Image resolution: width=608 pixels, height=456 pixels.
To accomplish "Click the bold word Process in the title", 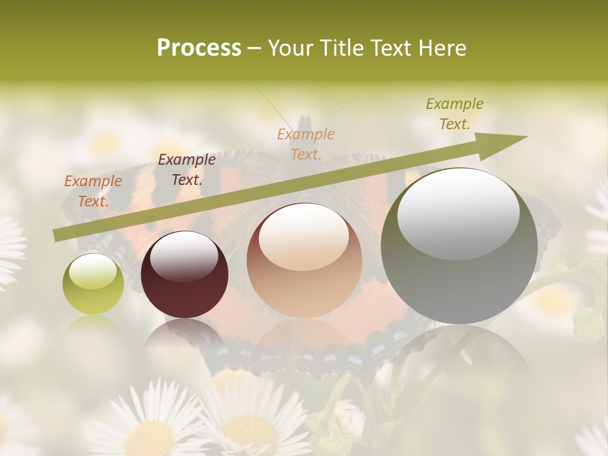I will [199, 47].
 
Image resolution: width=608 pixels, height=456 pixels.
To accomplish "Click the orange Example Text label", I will [93, 191].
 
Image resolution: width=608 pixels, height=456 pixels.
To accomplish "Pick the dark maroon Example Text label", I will [186, 170].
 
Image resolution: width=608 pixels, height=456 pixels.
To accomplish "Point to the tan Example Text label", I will [306, 144].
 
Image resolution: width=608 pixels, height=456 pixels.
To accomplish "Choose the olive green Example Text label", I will [455, 114].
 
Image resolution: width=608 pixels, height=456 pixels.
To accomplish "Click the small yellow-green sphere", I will [93, 284].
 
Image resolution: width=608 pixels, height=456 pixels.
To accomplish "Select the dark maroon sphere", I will [184, 274].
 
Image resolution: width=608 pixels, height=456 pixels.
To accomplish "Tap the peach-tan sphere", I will [305, 261].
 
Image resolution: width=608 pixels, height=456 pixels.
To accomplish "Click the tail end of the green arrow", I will [57, 235].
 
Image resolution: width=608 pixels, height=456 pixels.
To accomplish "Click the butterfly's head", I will [305, 123].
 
